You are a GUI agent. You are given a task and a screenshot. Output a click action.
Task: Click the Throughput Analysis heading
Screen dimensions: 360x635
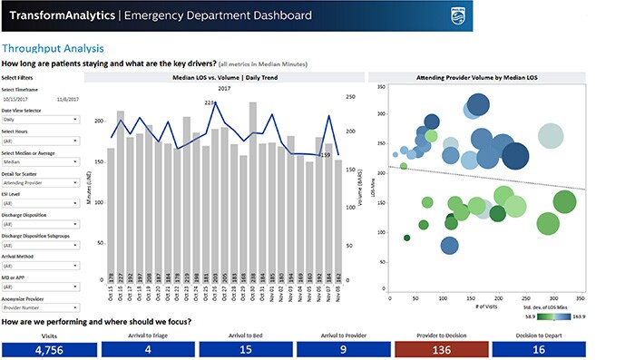[x=52, y=48]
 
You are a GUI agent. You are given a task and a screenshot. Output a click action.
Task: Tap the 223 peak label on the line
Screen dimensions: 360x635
[x=210, y=103]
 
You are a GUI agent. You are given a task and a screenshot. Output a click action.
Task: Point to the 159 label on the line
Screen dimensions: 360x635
[x=324, y=155]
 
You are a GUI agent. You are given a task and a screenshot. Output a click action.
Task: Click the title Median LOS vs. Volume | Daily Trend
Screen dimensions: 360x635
[x=223, y=79]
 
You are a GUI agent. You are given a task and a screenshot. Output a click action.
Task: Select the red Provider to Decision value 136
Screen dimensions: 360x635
[x=442, y=349]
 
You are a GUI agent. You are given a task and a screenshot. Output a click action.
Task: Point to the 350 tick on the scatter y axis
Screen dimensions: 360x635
[x=383, y=88]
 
